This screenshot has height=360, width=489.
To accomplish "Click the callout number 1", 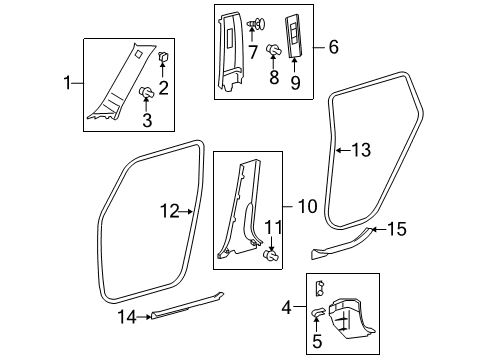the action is pos(67,83).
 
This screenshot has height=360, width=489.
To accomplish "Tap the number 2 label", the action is pos(163,88).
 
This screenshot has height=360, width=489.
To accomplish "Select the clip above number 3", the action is pos(146,92).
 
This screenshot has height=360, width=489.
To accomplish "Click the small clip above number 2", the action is pos(163,57).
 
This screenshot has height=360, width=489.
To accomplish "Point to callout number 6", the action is pos(334,47).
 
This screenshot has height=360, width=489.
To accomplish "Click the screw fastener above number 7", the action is pos(257,23).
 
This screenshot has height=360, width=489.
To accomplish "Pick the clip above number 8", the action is pos(274,50).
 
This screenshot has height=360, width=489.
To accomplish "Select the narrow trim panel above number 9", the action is pos(294,35).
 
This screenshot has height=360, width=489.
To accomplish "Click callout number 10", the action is pos(307,206).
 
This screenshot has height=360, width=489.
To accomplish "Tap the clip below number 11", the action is pos(271,256).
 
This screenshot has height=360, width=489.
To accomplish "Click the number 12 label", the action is pos(170,211).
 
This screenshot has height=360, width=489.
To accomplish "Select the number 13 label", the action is pos(361,150).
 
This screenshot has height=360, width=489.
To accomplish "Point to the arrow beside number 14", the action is pos(144,317).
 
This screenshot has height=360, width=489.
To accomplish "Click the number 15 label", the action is pos(396,229).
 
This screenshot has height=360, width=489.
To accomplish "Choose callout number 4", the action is pos(286,307).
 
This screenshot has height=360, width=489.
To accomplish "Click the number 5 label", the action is pos(317,341).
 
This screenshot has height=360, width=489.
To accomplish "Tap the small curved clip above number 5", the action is pos(317,312).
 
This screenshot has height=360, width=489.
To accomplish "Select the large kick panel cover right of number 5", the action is pos(350,317).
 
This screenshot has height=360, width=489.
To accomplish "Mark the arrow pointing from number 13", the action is pos(343,150).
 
